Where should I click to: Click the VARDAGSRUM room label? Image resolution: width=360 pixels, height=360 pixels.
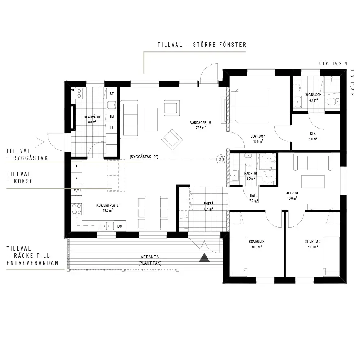pos(201,123)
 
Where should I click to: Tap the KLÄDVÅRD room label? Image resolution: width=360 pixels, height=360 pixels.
pos(92,117)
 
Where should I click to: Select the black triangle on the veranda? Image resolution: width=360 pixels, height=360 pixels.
pos(204,257)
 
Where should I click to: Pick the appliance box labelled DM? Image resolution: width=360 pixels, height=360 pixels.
pos(120,226)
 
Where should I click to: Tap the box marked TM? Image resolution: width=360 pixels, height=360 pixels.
pos(112,116)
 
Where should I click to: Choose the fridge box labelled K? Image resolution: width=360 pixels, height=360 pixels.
pos(76,179)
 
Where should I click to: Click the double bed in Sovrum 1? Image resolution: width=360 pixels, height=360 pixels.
pos(250,106)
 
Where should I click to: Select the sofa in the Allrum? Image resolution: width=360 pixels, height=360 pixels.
pos(312,163)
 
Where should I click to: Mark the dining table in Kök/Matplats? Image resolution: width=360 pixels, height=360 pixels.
pos(153,213)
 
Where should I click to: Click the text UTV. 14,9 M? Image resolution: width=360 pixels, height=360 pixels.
pos(333,63)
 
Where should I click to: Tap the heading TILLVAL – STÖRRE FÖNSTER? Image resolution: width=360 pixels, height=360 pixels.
pos(202,45)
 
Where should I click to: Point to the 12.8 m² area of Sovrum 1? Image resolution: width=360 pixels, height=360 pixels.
pos(258,141)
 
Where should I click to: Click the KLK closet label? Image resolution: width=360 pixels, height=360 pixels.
pos(313,134)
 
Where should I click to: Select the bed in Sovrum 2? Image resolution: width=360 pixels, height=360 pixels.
pos(331,256)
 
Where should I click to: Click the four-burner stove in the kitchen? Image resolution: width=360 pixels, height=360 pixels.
pos(77,209)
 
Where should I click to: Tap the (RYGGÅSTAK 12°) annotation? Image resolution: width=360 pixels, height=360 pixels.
pos(144,157)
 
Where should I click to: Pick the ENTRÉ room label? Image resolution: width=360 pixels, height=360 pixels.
pos(208,204)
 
